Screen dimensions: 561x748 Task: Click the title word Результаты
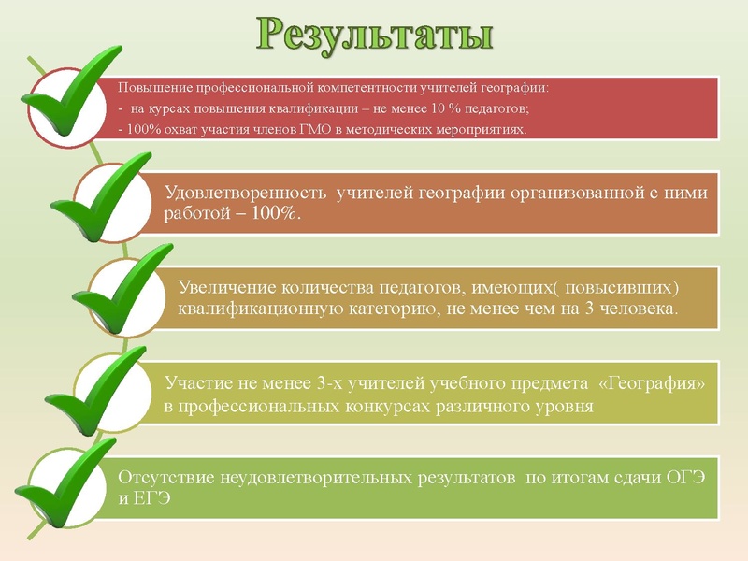375,34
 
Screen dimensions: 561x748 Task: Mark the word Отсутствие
165,478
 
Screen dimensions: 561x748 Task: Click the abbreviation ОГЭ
687,478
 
